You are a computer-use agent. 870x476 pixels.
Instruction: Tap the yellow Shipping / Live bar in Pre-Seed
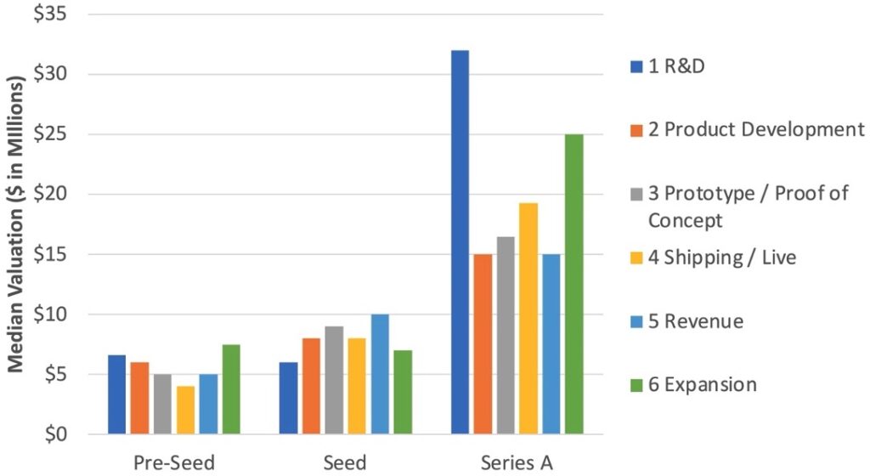click(x=185, y=410)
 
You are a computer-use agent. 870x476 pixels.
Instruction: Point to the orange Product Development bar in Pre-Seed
click(x=139, y=398)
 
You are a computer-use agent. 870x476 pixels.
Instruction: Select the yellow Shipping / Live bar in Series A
click(x=528, y=318)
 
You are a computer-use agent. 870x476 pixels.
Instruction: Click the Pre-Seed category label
click(x=174, y=462)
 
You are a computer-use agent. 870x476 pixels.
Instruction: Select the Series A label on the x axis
click(x=517, y=462)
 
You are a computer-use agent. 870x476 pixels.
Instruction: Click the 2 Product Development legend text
click(x=756, y=130)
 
